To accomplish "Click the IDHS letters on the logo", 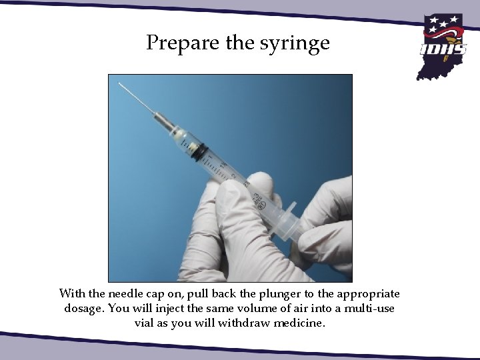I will [443, 49].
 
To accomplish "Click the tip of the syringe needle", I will [119, 84].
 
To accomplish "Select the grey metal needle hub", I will [163, 123].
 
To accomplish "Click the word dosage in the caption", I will [84, 309].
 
